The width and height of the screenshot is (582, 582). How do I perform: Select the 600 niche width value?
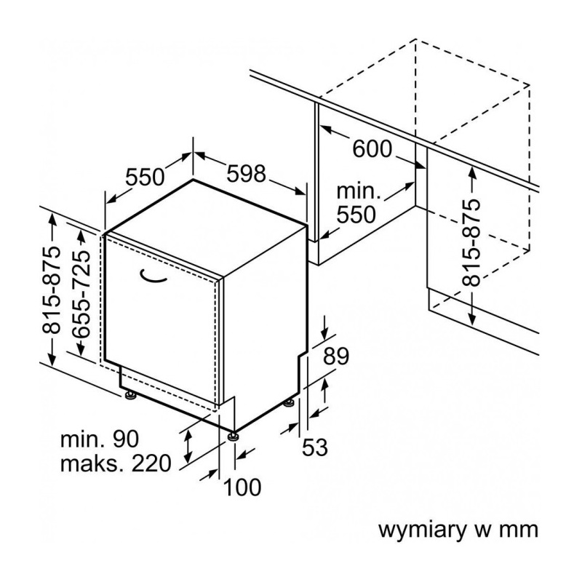point(372,149)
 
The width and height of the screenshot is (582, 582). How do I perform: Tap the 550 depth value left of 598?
point(145,177)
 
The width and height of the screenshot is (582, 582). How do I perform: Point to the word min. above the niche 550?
point(358,193)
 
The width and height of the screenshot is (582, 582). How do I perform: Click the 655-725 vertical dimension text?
point(82,292)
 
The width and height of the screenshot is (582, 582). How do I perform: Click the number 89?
point(336,357)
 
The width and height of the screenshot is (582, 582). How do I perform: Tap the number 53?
point(316,448)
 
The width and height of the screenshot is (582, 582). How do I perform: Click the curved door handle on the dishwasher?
point(154,274)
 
